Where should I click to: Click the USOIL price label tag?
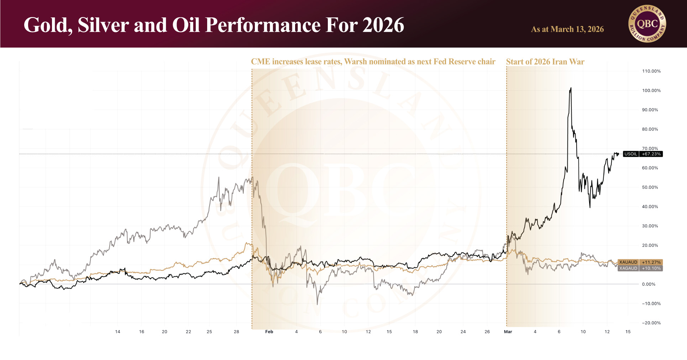(x=631, y=154)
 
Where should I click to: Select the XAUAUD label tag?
(x=628, y=262)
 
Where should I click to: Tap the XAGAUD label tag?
(x=628, y=268)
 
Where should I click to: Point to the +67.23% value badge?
(x=651, y=154)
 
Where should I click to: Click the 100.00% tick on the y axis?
(x=651, y=91)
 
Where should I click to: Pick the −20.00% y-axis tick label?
(x=651, y=323)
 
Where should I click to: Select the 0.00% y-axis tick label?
(x=649, y=284)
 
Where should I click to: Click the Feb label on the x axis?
(x=269, y=332)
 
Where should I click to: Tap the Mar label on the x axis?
(x=508, y=332)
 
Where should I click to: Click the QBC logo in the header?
(x=647, y=24)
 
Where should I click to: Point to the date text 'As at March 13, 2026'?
(x=567, y=29)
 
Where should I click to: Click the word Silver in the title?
(x=103, y=25)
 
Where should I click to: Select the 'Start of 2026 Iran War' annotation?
(x=545, y=62)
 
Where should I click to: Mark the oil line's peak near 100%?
(x=571, y=88)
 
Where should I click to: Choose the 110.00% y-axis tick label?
(x=651, y=71)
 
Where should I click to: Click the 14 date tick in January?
(x=117, y=332)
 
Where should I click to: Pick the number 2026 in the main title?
(x=383, y=25)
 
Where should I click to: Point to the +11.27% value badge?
(x=651, y=262)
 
